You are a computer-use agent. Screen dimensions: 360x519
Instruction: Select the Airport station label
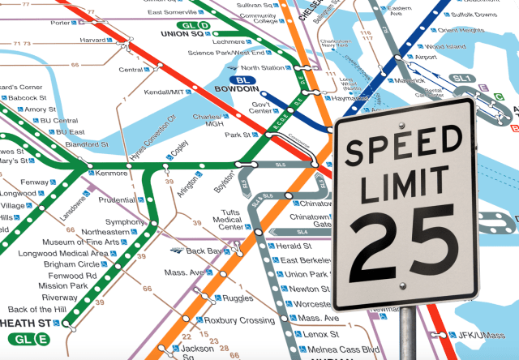point(426,58)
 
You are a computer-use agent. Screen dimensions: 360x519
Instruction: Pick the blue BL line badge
point(241,80)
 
